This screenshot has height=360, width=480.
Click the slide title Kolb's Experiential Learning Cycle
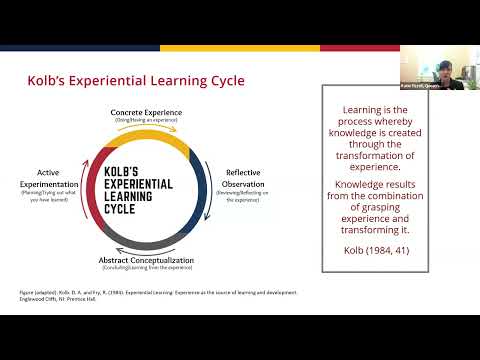pyautogui.click(x=134, y=80)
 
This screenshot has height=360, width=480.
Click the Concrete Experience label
pyautogui.click(x=152, y=113)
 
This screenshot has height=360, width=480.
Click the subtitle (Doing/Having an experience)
pyautogui.click(x=152, y=121)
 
